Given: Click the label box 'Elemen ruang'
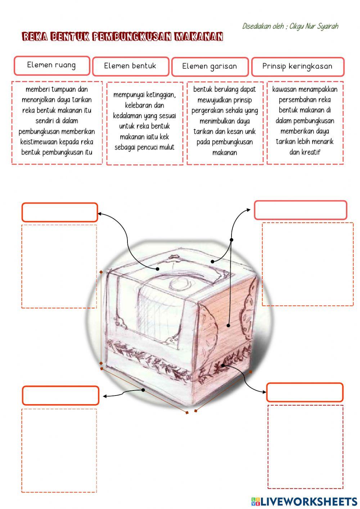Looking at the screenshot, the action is (52, 66).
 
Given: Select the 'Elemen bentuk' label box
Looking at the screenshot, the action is (130, 66).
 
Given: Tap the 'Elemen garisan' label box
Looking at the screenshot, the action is (210, 67).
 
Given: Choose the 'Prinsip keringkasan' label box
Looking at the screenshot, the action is (297, 67).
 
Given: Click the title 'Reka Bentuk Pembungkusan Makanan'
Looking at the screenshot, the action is (122, 37).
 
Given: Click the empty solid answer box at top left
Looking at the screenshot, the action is (60, 212).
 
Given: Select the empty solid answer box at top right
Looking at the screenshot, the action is (300, 210).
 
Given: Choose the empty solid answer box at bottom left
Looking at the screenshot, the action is (60, 396).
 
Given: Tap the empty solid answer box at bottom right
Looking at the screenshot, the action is (305, 392).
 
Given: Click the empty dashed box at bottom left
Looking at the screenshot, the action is (59, 450).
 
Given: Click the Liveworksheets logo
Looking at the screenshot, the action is (304, 501).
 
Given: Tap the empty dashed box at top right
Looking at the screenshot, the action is (307, 264).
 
